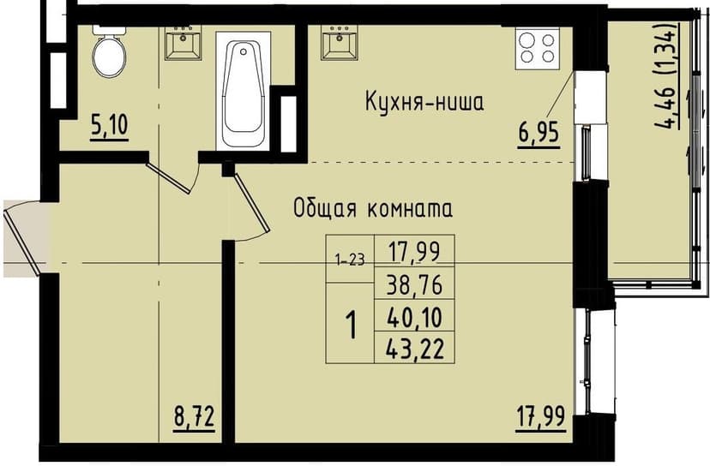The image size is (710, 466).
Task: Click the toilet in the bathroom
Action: (109, 53)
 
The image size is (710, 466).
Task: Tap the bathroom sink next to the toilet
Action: (182, 43)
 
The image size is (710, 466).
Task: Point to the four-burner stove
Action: (538, 48)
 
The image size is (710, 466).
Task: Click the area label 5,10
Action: (109, 127)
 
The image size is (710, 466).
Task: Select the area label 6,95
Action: (538, 134)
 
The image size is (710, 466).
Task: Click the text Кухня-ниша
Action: (424, 104)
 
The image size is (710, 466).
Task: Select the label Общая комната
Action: (372, 208)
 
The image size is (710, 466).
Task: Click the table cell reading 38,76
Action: (414, 284)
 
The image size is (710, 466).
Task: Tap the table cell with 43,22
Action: (414, 349)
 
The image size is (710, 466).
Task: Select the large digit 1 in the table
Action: (350, 326)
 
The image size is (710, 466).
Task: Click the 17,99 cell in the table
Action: (414, 252)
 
